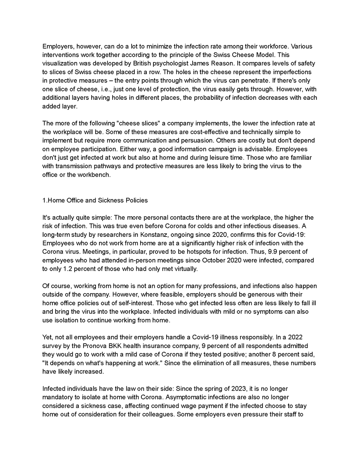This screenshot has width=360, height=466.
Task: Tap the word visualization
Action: coord(60,64)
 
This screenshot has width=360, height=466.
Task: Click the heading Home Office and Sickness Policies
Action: coord(95,200)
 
